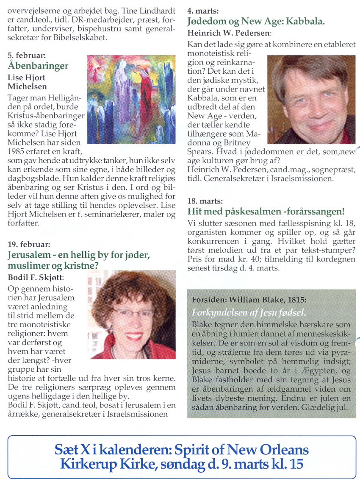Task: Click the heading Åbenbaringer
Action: (38, 66)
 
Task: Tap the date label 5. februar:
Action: (26, 56)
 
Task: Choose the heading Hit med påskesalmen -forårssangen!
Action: (266, 211)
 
